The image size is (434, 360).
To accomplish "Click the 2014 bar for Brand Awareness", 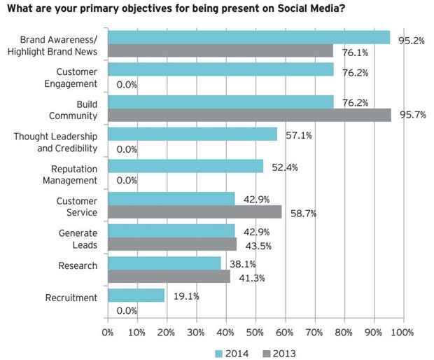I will [248, 37].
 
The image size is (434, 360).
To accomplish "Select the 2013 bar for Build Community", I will [249, 115].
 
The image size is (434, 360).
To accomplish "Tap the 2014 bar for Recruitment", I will [136, 296].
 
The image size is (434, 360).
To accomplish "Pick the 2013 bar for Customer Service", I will [195, 212].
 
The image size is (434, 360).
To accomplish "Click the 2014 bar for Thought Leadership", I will [192, 134].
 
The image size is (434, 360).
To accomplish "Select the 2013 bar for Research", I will [169, 277].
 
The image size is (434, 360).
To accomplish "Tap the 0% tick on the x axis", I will [108, 331].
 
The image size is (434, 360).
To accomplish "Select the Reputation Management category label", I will [74, 174].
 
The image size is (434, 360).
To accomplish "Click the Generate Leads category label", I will [77, 239].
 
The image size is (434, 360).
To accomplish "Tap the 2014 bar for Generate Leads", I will [171, 230].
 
